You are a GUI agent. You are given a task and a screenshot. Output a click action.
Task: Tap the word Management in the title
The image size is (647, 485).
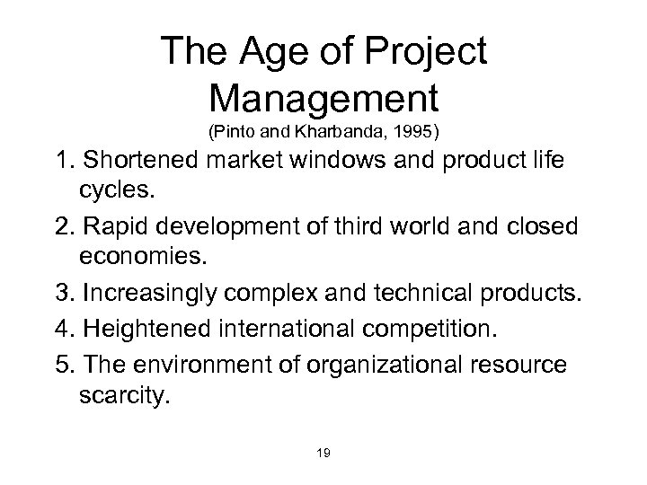[323, 96]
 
